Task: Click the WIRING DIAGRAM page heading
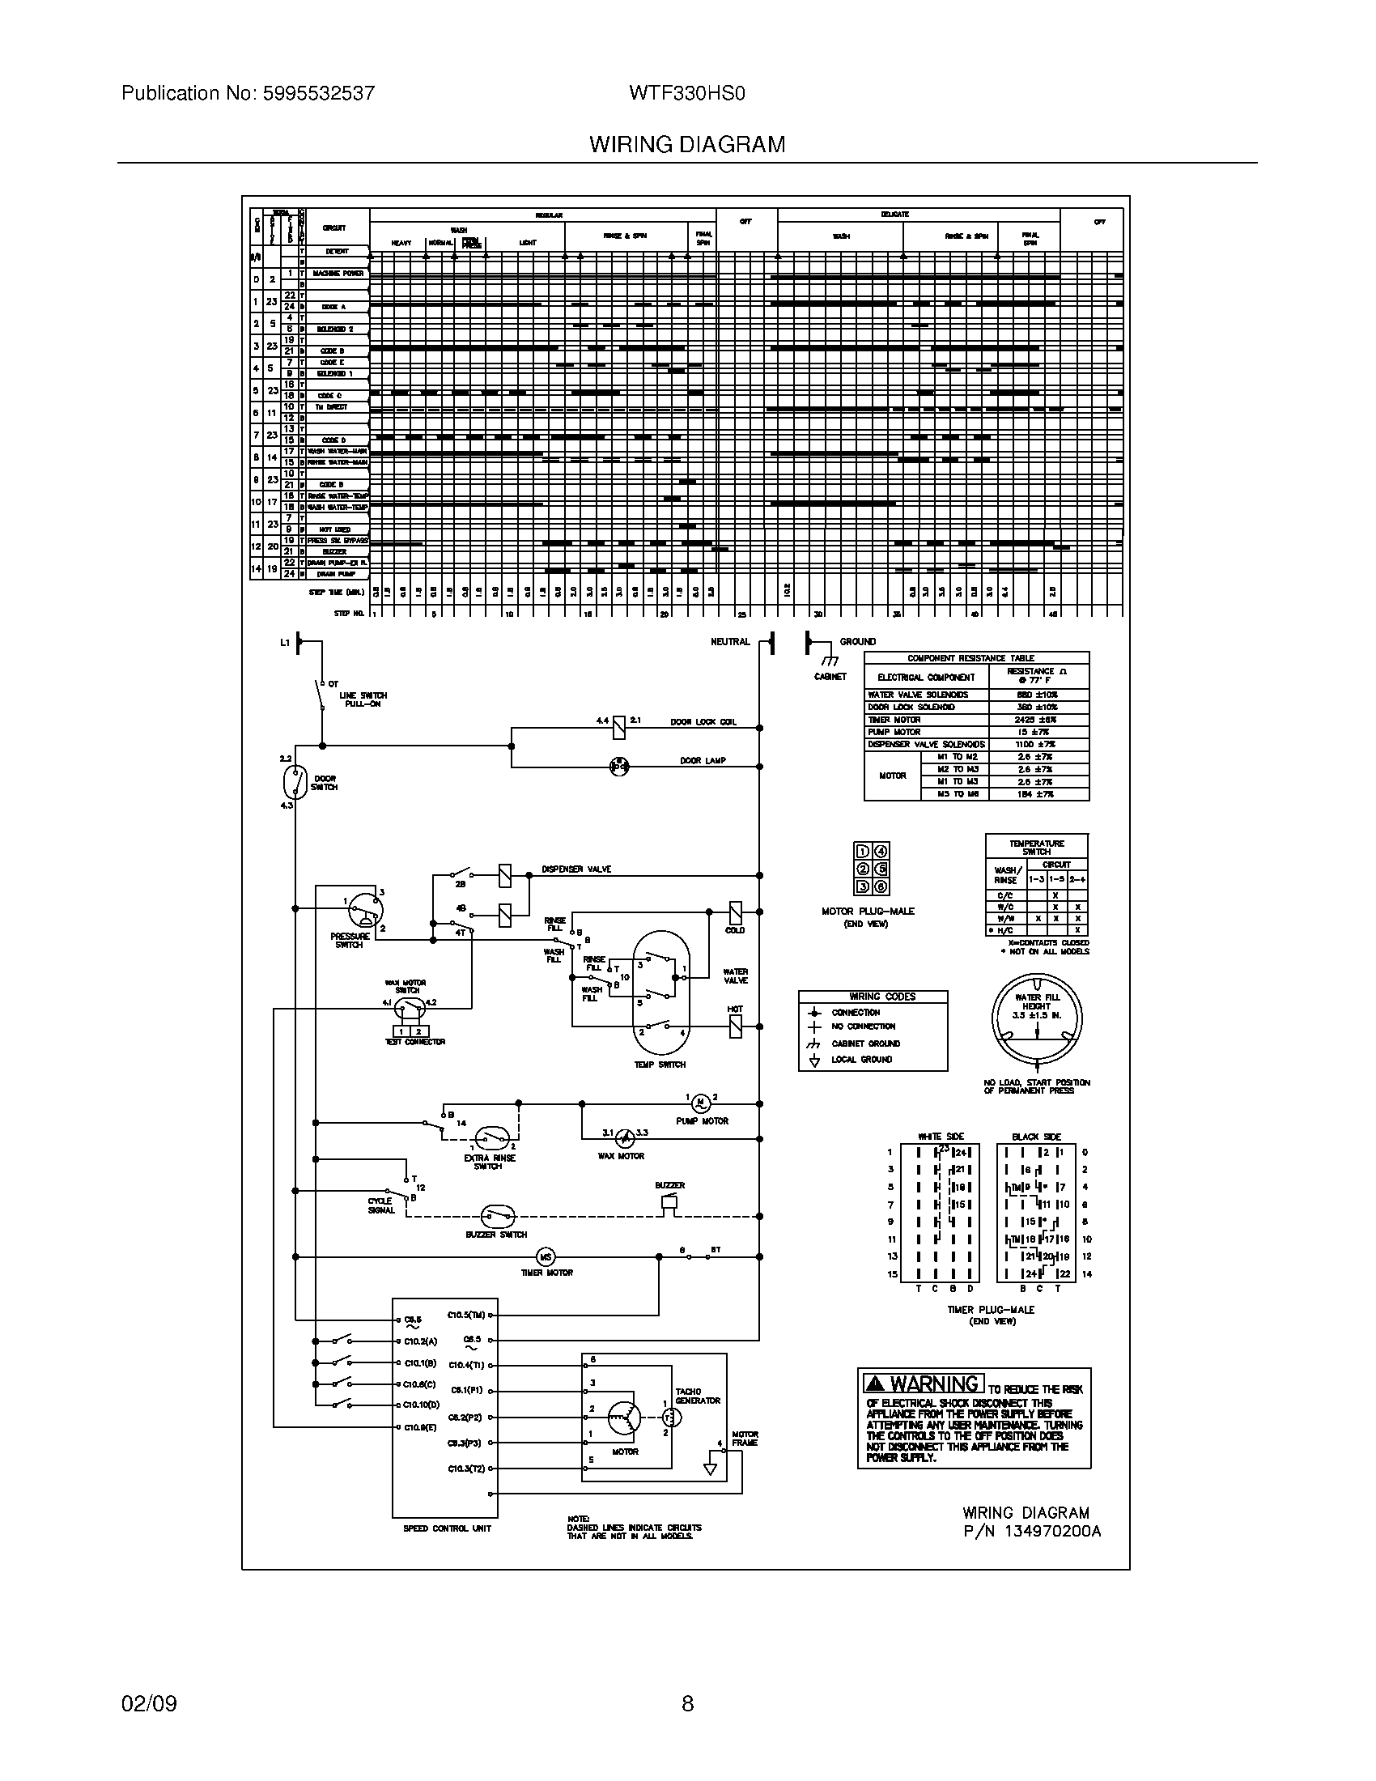[687, 144]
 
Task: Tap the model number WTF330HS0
[686, 93]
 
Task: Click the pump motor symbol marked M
[700, 1103]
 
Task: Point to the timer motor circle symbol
[546, 1256]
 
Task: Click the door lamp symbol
[619, 766]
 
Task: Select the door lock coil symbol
[618, 727]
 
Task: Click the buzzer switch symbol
[496, 1216]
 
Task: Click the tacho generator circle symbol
[671, 1418]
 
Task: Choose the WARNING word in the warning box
[933, 1384]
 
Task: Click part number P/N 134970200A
[1031, 1531]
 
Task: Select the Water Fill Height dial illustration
[1037, 1018]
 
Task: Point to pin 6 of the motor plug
[881, 887]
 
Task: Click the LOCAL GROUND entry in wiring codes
[861, 1060]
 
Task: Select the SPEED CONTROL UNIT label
[447, 1528]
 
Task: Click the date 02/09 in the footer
[149, 1703]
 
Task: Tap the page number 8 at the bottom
[687, 1703]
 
